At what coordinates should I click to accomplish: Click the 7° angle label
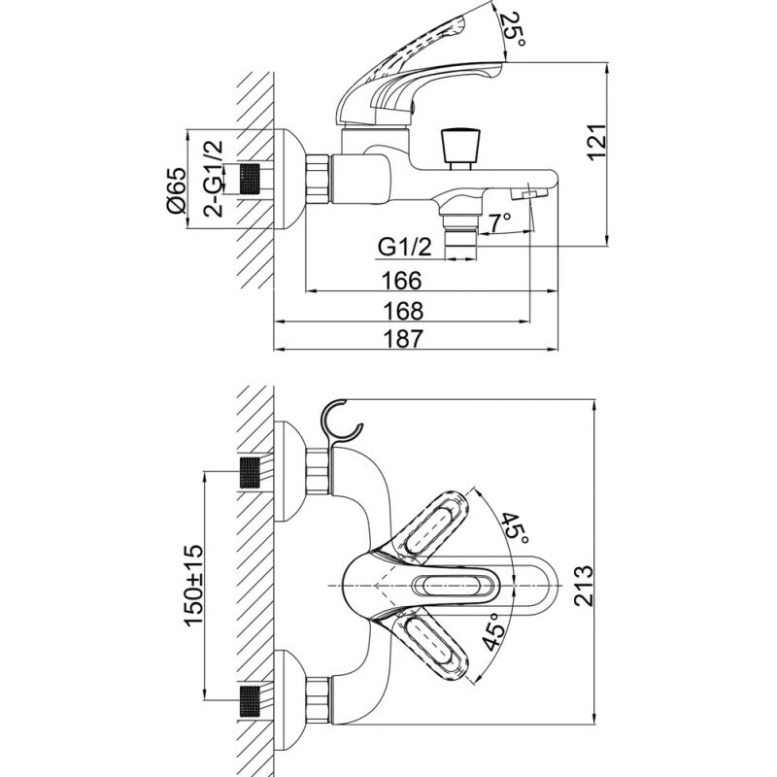(498, 222)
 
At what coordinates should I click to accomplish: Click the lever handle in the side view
(418, 73)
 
